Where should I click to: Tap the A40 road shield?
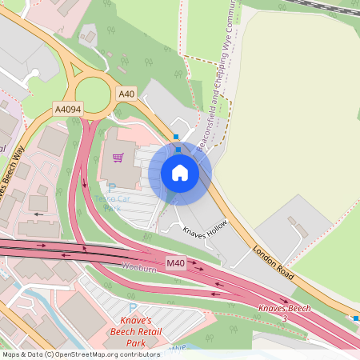[126, 94]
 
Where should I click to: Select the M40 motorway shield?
[176, 263]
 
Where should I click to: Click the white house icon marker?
[180, 173]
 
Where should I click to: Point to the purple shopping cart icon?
[118, 158]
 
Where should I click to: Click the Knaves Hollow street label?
[206, 234]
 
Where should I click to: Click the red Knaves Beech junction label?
[283, 309]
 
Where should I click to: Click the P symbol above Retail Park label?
[133, 308]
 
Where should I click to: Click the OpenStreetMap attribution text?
[80, 354]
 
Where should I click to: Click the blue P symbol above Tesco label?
[112, 187]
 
